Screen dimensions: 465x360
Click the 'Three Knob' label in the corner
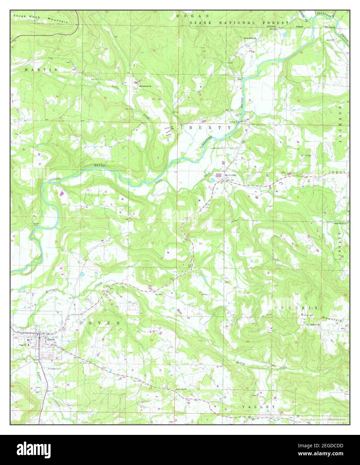(x=24, y=16)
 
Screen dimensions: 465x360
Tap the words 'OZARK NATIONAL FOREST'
(x=239, y=22)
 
